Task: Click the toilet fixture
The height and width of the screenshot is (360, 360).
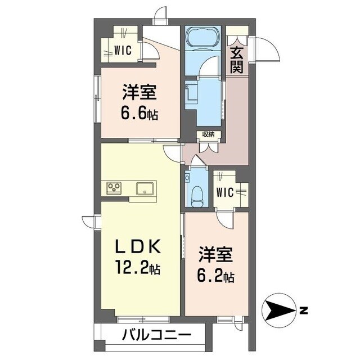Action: click(197, 194)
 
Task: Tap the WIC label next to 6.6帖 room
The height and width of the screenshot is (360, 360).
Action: click(123, 50)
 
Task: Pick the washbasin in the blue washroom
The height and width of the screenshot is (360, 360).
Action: click(192, 92)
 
